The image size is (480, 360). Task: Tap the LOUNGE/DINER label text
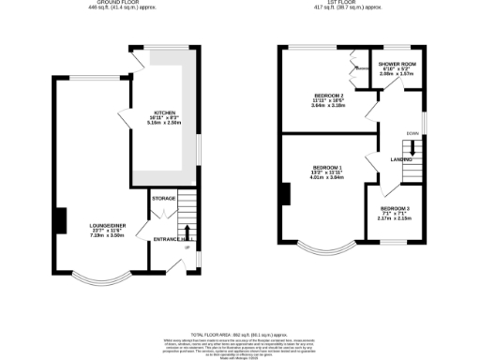(107, 224)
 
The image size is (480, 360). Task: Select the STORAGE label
(163, 199)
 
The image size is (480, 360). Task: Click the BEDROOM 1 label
(328, 167)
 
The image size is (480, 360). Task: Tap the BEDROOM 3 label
(394, 207)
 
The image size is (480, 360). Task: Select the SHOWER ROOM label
(397, 65)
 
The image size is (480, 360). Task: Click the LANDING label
(403, 160)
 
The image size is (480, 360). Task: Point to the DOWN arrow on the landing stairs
(410, 148)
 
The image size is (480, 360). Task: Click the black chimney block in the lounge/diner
(60, 219)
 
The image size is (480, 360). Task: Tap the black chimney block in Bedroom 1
(282, 193)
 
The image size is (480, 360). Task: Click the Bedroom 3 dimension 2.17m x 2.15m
(394, 218)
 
